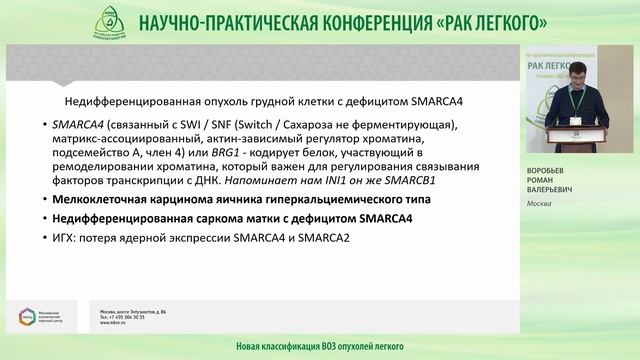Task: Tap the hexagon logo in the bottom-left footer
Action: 24,317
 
